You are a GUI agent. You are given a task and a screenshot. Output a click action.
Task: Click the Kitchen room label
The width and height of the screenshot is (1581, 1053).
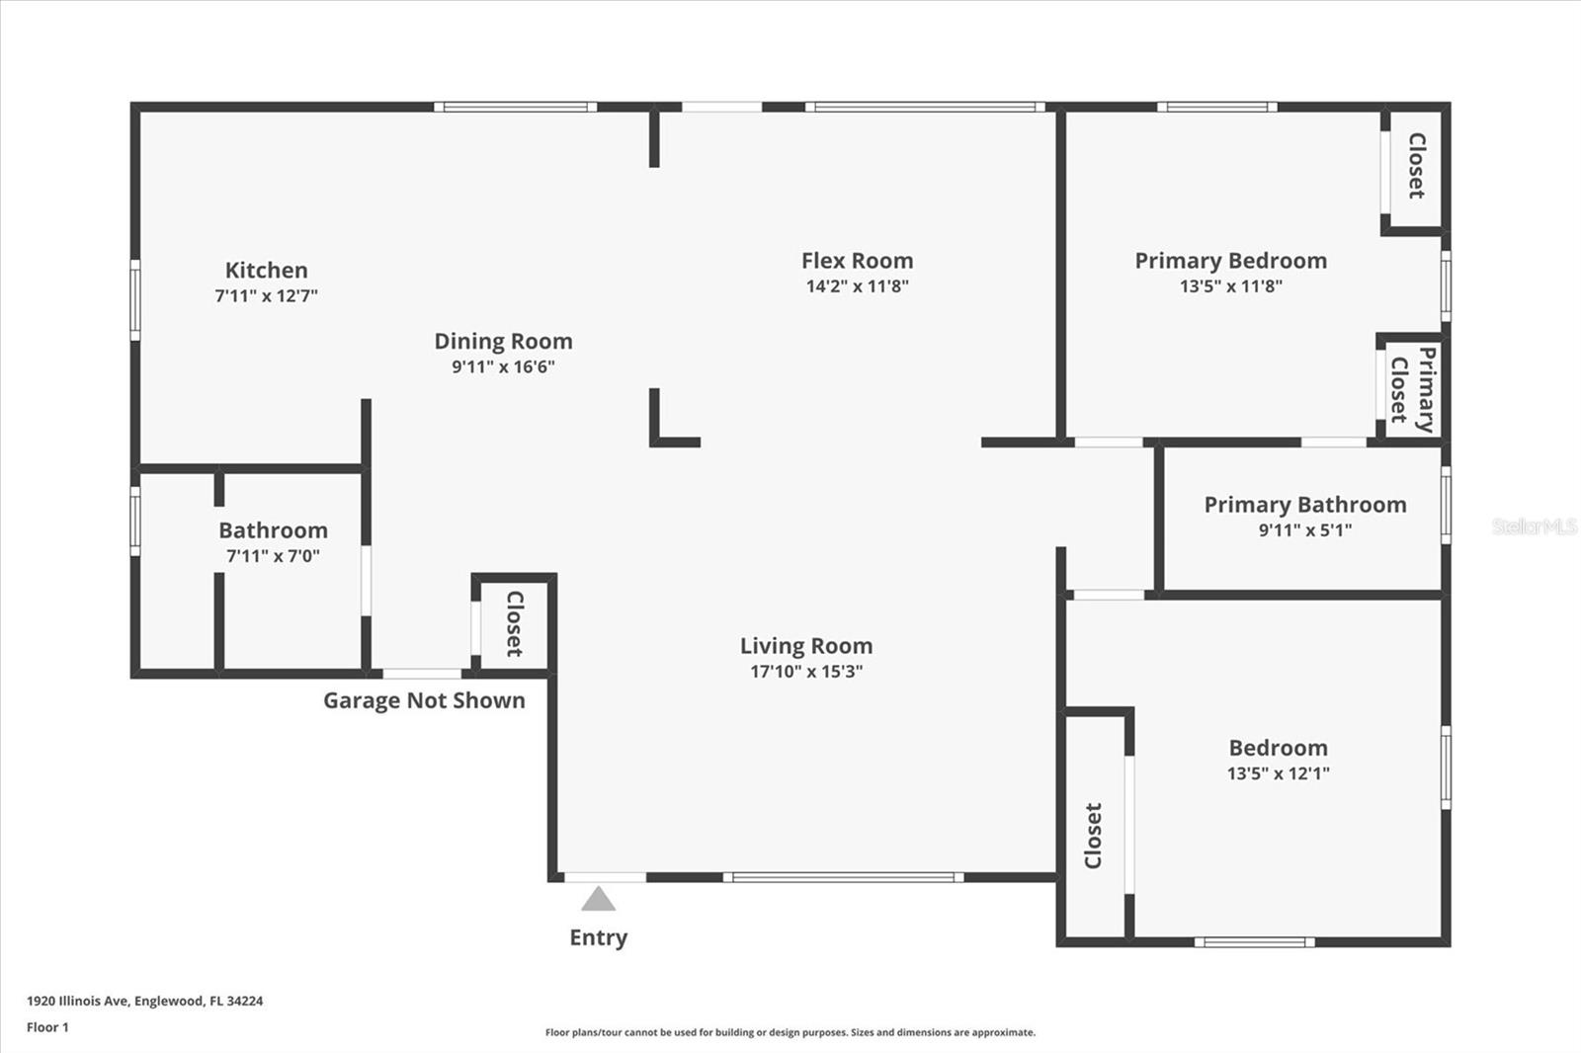(266, 270)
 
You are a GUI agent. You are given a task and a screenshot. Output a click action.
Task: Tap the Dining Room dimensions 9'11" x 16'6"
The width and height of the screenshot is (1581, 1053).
(503, 366)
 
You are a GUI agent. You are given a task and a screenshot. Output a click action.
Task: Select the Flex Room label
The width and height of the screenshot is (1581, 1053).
(857, 261)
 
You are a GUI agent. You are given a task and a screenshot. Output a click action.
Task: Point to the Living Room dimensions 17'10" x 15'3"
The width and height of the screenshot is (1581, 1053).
(806, 671)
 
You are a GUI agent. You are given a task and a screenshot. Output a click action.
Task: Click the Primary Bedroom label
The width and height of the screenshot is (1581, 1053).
(1231, 261)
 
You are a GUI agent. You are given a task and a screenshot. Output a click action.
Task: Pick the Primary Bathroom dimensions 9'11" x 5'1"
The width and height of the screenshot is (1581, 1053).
(1305, 530)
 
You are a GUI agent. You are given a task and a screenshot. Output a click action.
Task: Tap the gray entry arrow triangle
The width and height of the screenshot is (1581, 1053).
(599, 899)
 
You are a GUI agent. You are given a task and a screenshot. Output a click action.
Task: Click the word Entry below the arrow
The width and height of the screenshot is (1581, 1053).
(599, 937)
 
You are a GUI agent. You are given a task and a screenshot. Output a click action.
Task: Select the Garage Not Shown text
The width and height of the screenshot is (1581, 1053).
(424, 700)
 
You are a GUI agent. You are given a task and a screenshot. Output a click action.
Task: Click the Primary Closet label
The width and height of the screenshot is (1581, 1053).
(1412, 389)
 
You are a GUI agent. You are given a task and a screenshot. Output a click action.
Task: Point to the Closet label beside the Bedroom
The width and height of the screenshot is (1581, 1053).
(1093, 836)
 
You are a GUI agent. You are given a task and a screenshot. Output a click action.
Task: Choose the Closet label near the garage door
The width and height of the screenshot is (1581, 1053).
(515, 623)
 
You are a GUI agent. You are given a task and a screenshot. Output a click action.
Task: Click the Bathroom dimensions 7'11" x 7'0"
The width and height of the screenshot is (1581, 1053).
(273, 556)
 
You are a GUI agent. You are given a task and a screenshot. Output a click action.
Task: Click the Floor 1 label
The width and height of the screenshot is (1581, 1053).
(48, 1027)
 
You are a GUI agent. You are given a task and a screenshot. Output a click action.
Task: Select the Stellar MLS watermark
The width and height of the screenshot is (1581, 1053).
(1535, 526)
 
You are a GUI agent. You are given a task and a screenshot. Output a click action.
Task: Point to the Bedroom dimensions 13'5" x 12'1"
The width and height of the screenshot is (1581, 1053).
(1279, 773)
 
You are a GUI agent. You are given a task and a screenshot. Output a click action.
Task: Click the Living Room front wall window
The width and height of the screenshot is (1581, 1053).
(844, 877)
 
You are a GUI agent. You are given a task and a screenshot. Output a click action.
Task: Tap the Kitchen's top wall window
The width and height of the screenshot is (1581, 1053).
(515, 108)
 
